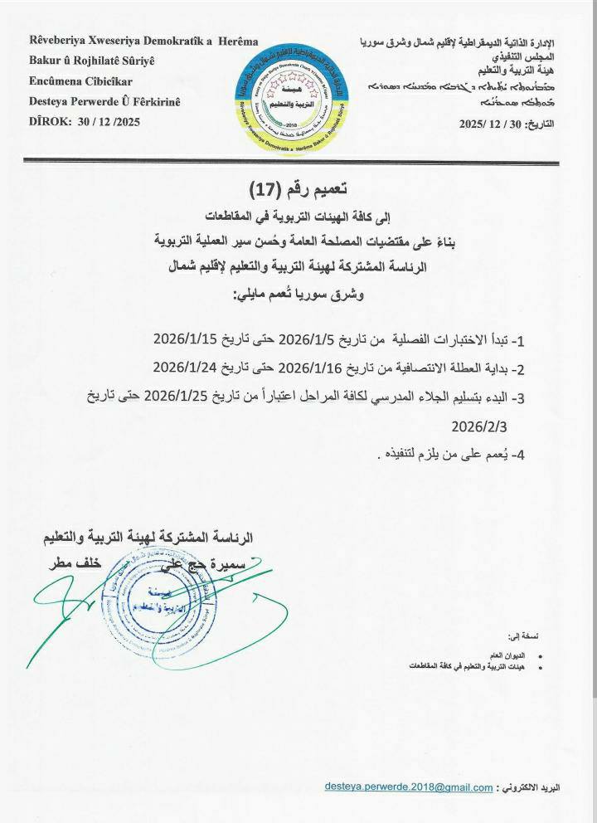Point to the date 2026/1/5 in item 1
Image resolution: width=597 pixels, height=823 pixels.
(x=311, y=339)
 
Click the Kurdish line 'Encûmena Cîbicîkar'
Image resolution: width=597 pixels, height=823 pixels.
(x=80, y=81)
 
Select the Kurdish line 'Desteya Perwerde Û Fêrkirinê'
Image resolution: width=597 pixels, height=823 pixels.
(x=104, y=102)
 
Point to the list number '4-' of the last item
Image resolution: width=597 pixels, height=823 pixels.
(x=518, y=455)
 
